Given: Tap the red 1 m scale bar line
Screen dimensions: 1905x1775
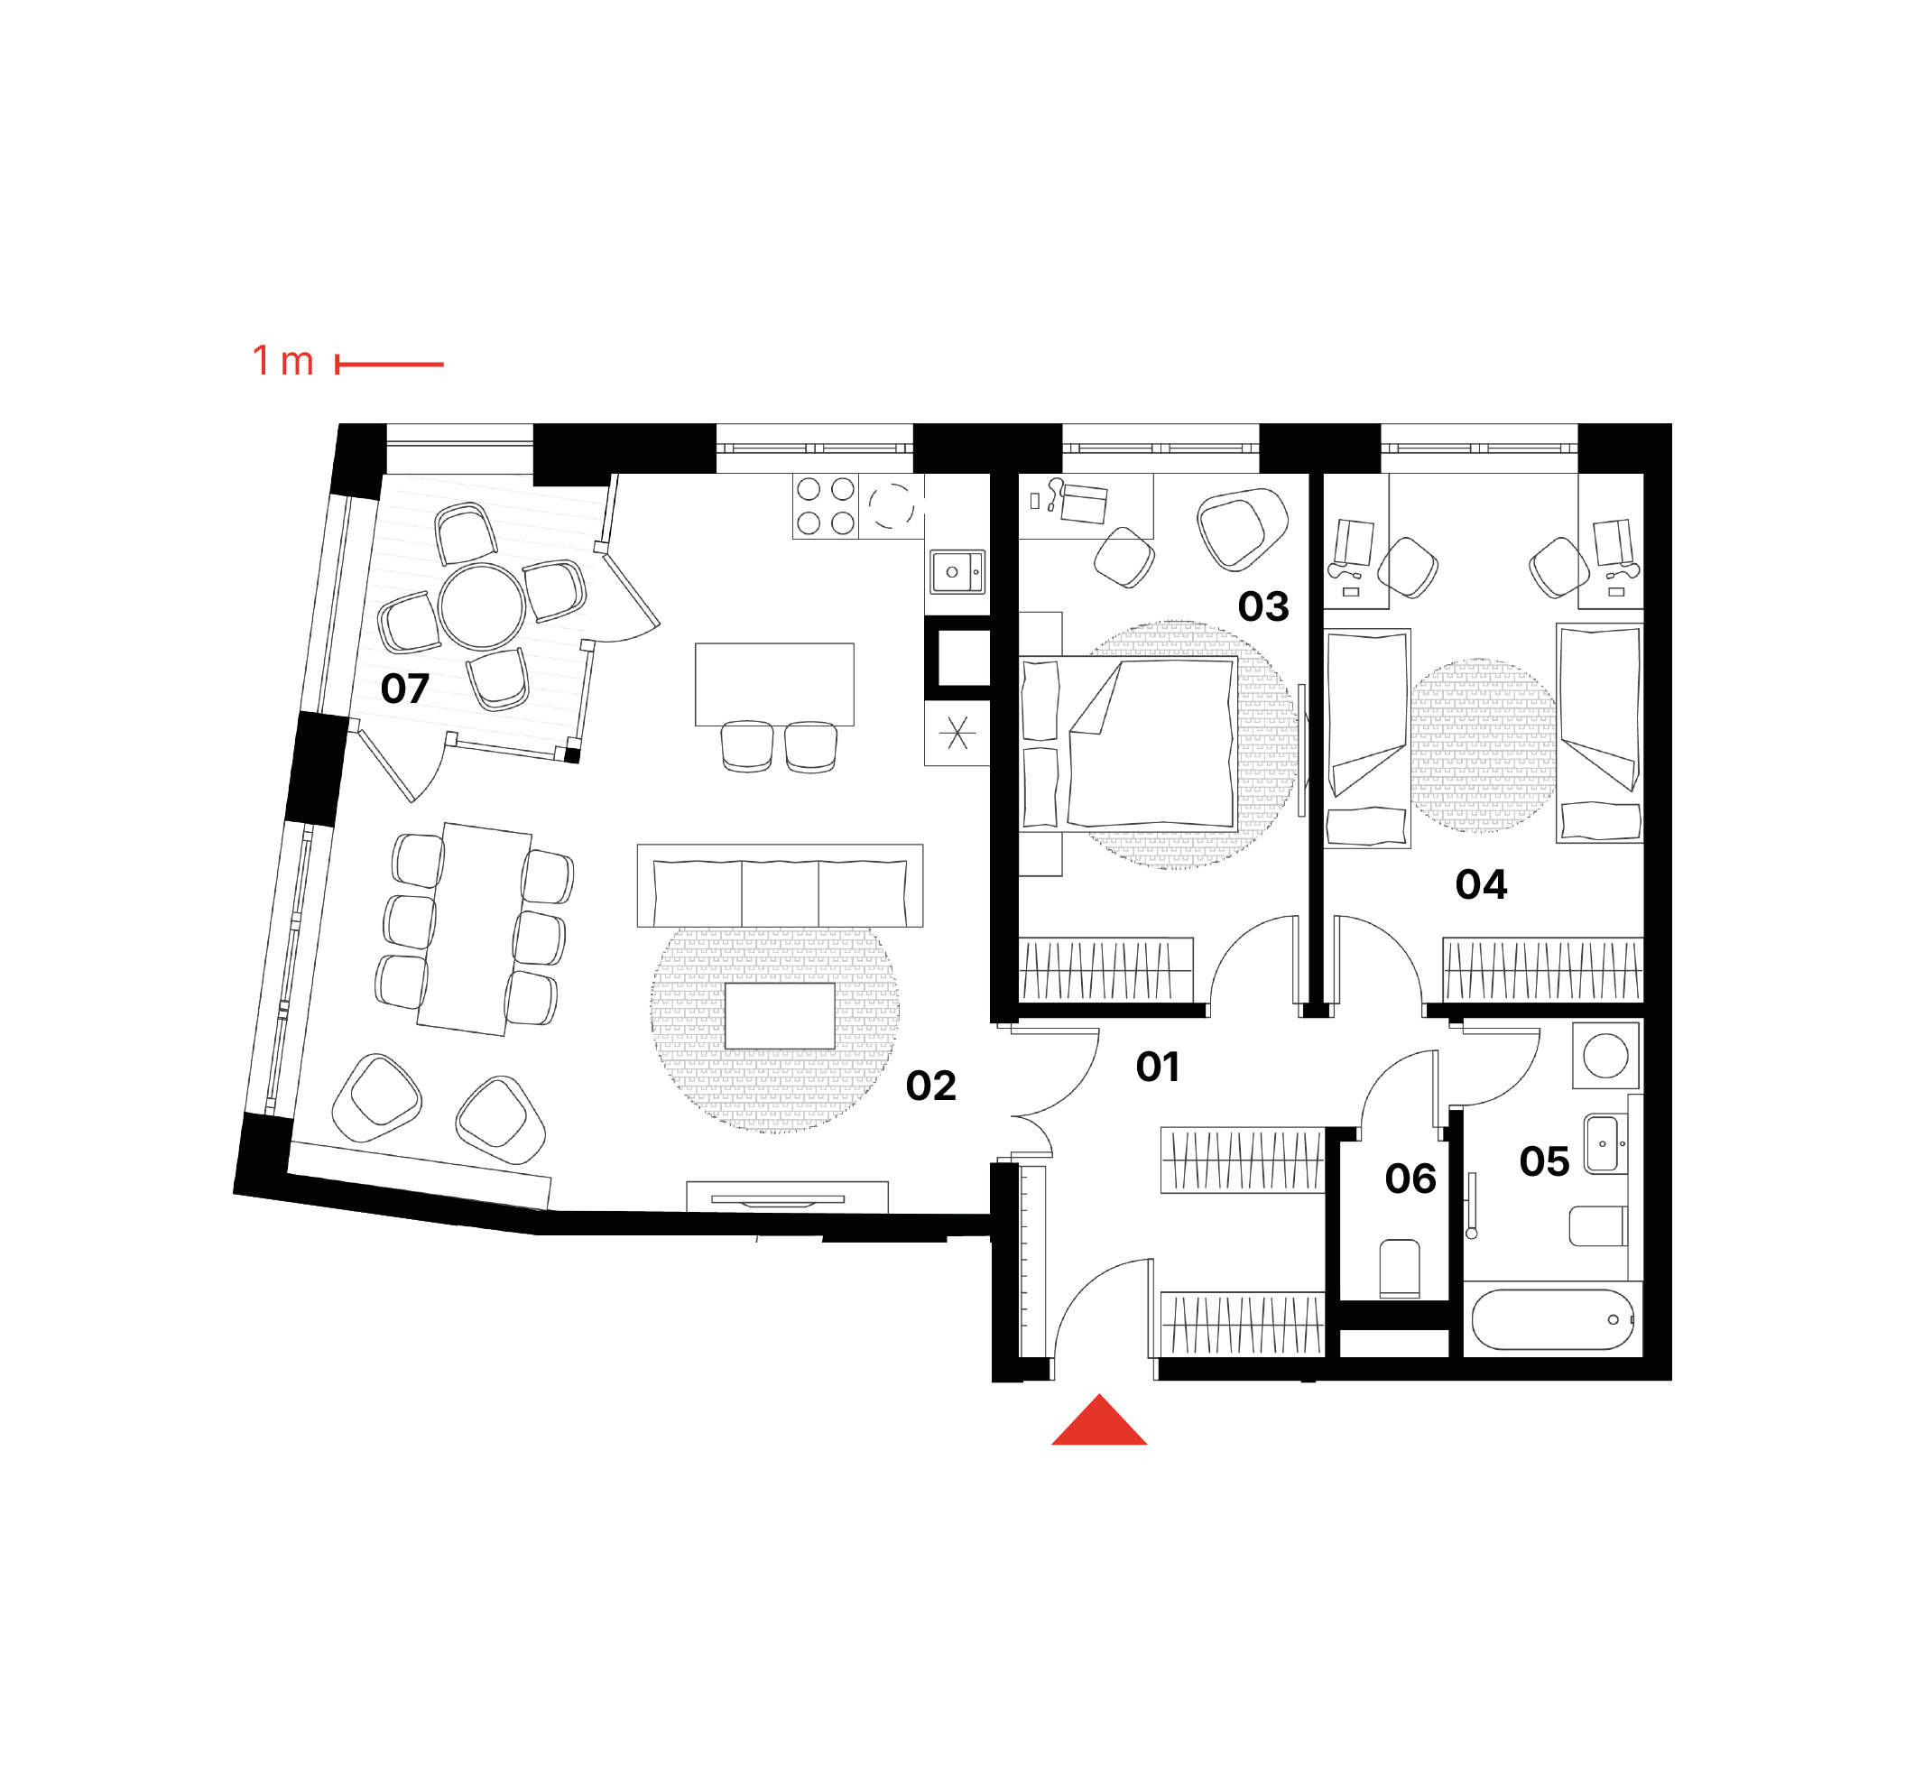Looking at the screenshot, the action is (389, 365).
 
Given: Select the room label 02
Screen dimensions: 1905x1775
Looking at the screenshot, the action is (930, 1086).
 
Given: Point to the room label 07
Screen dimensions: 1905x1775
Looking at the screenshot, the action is (404, 689).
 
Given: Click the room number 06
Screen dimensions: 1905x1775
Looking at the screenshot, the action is (1410, 1179).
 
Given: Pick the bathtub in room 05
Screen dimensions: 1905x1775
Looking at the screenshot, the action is (1552, 1320).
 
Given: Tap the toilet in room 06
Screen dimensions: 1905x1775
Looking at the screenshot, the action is (1399, 1269).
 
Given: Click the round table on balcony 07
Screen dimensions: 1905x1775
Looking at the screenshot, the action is (482, 606).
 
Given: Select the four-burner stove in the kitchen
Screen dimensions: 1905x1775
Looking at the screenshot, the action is (825, 506).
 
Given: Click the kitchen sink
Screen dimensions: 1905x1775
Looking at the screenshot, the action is (957, 572).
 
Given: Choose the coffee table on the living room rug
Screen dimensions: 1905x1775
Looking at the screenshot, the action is (780, 1016).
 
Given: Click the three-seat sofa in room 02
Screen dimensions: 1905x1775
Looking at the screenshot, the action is (780, 885).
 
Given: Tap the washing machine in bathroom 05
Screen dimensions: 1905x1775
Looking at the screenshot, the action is (1606, 1056).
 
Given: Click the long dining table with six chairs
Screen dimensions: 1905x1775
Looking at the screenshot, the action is (475, 929).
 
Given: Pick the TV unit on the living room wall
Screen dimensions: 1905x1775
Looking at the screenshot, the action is (788, 1197).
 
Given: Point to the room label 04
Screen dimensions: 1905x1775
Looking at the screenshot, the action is (1481, 884).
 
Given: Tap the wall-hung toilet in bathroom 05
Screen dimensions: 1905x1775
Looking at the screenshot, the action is (1597, 1225).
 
